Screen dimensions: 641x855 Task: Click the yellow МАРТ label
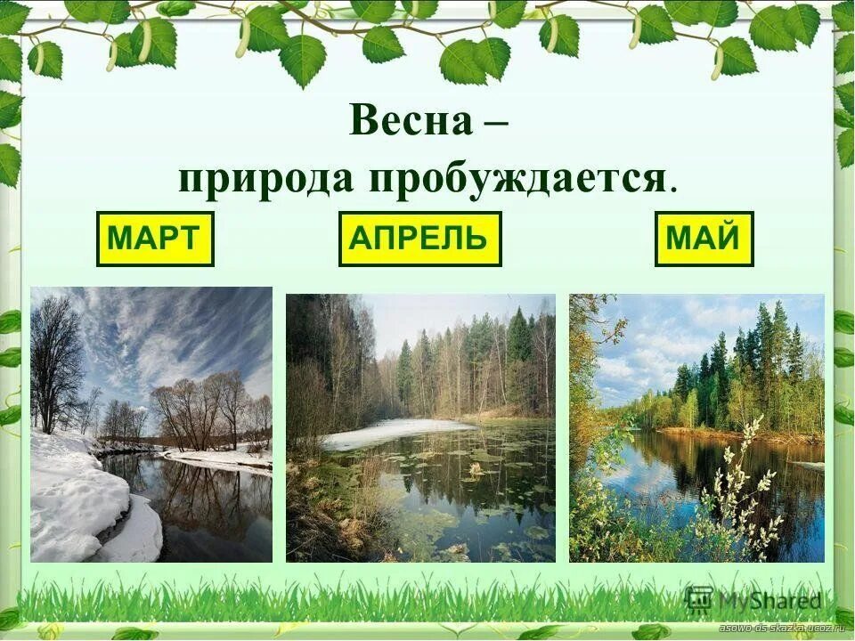click(x=155, y=239)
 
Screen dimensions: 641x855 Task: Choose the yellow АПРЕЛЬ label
click(x=419, y=239)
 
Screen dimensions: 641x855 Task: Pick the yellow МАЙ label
click(x=704, y=239)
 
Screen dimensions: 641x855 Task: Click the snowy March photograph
click(x=151, y=424)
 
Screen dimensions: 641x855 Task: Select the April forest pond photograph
click(x=420, y=427)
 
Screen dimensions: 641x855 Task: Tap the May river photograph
click(x=696, y=427)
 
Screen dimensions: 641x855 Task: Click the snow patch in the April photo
click(x=392, y=434)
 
